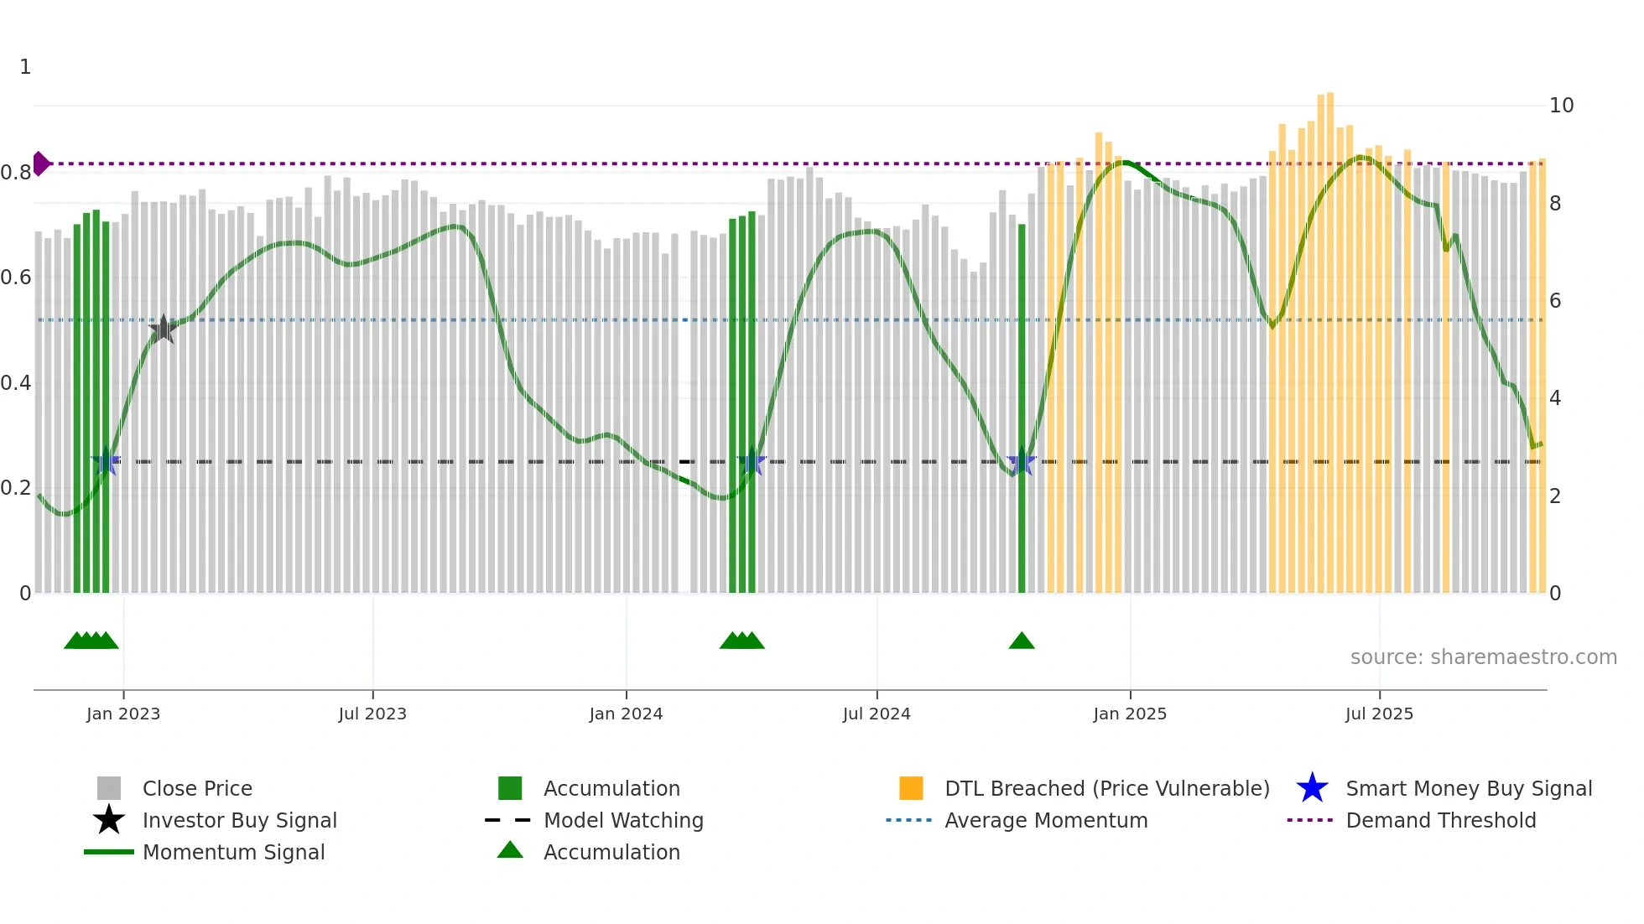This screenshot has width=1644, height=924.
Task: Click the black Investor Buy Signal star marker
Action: tap(163, 330)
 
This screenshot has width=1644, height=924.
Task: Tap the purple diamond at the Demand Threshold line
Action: tap(40, 164)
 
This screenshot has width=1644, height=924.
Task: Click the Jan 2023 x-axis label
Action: tap(122, 714)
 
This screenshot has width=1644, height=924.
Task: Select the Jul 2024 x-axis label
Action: tap(876, 714)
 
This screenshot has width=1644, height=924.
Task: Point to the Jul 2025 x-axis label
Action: tap(1379, 714)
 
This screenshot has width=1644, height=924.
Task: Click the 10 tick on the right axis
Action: tap(1561, 106)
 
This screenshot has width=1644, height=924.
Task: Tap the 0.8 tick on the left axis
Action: tap(16, 173)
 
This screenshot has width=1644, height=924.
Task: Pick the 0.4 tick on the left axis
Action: tap(16, 383)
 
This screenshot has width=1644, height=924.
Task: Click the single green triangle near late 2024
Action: tap(1021, 641)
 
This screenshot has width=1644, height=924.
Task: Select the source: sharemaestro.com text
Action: tap(1483, 657)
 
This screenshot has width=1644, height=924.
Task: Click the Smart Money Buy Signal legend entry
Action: tap(1468, 789)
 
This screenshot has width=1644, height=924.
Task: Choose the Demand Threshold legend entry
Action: tap(1440, 821)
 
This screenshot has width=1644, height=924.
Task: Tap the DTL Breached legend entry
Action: tap(1106, 789)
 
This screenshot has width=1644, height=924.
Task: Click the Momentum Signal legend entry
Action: tap(232, 853)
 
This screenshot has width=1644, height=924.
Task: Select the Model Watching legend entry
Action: tap(622, 821)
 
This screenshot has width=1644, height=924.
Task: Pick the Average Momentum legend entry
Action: tap(1045, 821)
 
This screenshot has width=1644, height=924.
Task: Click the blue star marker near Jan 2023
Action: tap(106, 462)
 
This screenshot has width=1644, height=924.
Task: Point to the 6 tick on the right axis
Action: tap(1555, 301)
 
